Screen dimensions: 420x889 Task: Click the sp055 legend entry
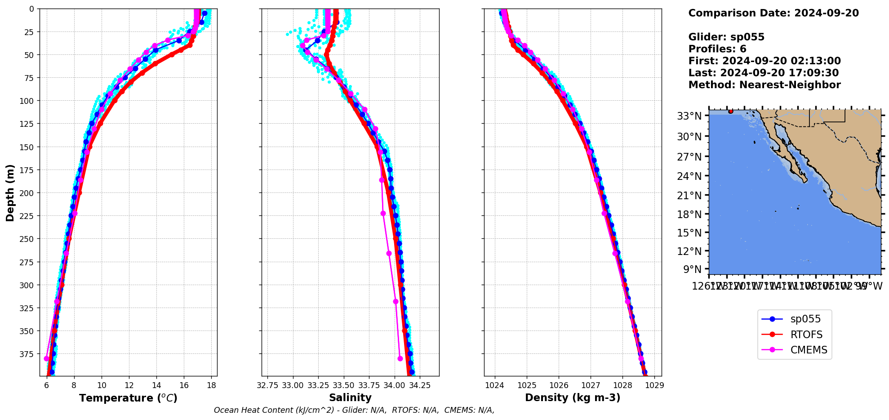805,319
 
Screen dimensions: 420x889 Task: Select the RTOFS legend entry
806,335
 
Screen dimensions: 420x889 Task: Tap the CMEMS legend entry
809,350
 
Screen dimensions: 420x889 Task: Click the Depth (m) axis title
10,192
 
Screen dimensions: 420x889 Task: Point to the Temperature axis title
128,398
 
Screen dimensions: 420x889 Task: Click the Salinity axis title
350,398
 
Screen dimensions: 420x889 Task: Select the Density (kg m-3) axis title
573,398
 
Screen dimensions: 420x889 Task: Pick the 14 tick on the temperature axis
156,385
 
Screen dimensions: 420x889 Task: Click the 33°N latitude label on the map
689,116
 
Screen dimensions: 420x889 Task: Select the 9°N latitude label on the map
692,269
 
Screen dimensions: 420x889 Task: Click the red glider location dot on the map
730,111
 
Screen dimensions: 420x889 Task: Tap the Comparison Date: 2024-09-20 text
773,13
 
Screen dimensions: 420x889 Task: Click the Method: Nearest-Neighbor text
764,85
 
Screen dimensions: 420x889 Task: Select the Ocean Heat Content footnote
354,410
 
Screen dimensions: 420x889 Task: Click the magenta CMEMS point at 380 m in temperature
46,358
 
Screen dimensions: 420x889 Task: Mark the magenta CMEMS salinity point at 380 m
400,358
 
